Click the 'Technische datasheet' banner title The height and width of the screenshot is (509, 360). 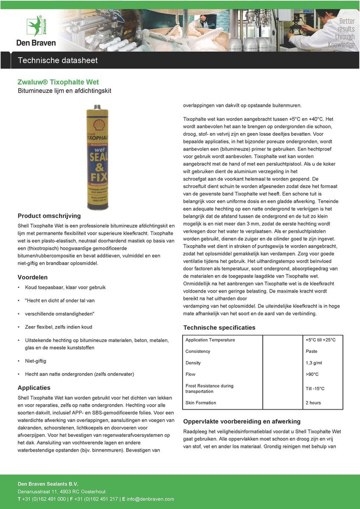pyautogui.click(x=58, y=60)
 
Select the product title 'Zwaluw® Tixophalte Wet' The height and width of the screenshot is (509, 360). pyautogui.click(x=58, y=82)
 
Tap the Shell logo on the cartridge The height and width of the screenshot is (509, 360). pyautogui.click(x=99, y=124)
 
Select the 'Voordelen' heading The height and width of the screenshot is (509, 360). pyautogui.click(x=32, y=277)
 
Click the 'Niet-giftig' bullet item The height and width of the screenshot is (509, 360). pyautogui.click(x=36, y=361)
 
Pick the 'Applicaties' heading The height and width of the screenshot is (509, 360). pyautogui.click(x=34, y=388)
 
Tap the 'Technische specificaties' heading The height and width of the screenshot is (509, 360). pyautogui.click(x=219, y=327)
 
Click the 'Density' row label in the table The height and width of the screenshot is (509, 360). pyautogui.click(x=193, y=363)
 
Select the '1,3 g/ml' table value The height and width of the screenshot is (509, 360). pyautogui.click(x=314, y=363)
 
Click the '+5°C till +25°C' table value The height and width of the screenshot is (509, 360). pyautogui.click(x=321, y=340)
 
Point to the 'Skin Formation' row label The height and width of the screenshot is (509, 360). pyautogui.click(x=201, y=403)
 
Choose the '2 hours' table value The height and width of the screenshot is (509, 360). pyautogui.click(x=313, y=403)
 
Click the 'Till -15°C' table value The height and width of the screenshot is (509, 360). pyautogui.click(x=315, y=389)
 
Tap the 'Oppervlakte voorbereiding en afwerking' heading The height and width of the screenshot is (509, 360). pyautogui.click(x=242, y=421)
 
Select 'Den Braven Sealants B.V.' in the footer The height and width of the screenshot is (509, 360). pyautogui.click(x=48, y=484)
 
